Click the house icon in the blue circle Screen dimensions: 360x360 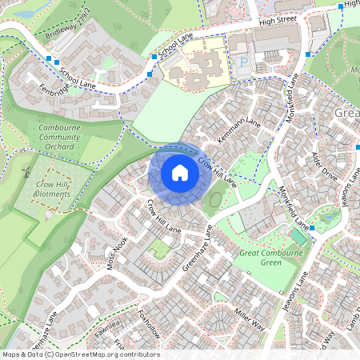pyautogui.click(x=180, y=173)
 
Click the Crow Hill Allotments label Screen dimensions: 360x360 pyautogui.click(x=51, y=189)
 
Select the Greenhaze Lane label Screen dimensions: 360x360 pyautogui.click(x=196, y=247)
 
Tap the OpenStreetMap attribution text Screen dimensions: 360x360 pyautogui.click(x=81, y=354)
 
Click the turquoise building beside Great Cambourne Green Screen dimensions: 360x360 pyautogui.click(x=298, y=238)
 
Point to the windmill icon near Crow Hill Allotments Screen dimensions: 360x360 pyautogui.click(x=26, y=170)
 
